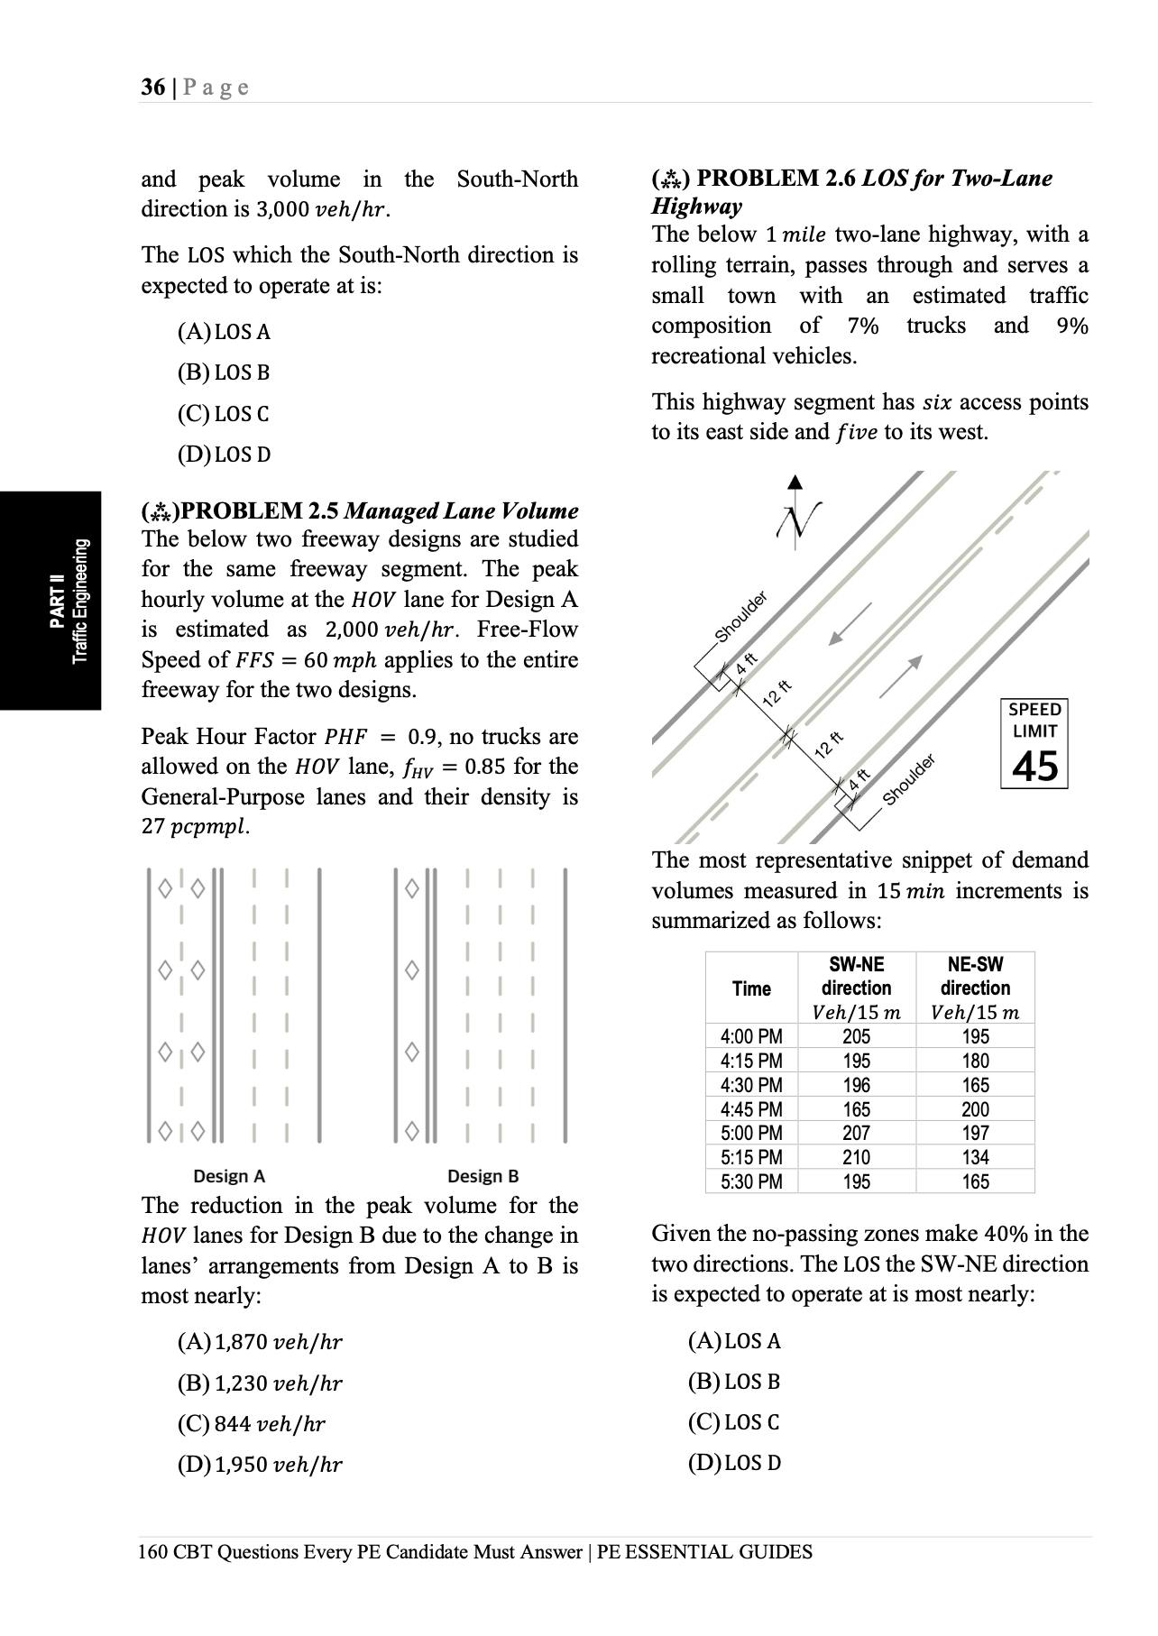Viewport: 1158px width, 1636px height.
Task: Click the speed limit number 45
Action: pos(1034,767)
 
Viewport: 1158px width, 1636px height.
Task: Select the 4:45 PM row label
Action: pos(751,1109)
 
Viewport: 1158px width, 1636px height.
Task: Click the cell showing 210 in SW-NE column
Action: pos(856,1157)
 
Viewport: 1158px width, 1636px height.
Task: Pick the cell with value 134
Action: pos(975,1157)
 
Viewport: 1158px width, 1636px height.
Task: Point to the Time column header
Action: pos(751,988)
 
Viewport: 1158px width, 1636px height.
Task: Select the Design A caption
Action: pos(229,1176)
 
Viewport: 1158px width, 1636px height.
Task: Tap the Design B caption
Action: pos(482,1176)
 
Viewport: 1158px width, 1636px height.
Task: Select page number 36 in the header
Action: pos(152,87)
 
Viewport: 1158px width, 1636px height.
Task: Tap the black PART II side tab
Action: pos(51,601)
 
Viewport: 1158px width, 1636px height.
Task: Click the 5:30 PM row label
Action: pos(751,1181)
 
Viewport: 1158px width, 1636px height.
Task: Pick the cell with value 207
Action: pos(856,1133)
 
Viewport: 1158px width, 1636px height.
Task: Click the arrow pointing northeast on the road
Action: pos(902,676)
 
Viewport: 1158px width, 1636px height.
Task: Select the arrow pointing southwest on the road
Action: pos(849,623)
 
